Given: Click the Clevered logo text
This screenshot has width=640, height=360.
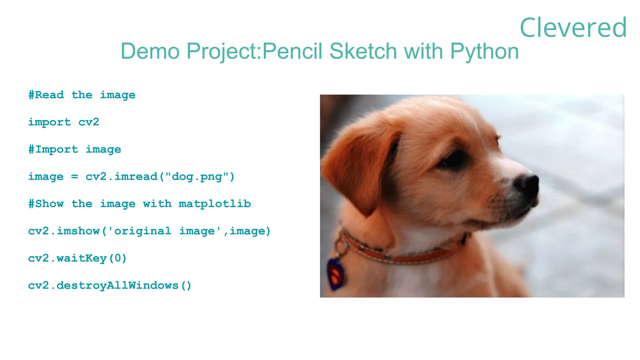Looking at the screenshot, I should pyautogui.click(x=573, y=27).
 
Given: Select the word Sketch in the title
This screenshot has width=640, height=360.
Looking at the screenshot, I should pyautogui.click(x=363, y=51).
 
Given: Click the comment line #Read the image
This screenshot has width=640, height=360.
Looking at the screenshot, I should pyautogui.click(x=82, y=95).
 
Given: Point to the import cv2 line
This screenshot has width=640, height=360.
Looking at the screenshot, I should pyautogui.click(x=64, y=122).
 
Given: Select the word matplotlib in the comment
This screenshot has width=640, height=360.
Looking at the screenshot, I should pyautogui.click(x=215, y=204).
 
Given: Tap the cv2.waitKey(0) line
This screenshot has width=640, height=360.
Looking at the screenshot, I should pyautogui.click(x=77, y=258).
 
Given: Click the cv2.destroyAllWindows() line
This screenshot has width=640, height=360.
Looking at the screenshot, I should pyautogui.click(x=110, y=285).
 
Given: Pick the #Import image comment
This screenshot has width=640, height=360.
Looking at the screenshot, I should pyautogui.click(x=75, y=149).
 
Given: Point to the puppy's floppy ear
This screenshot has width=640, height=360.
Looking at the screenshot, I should pyautogui.click(x=359, y=166).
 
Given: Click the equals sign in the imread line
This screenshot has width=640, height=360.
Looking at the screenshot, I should pyautogui.click(x=74, y=177).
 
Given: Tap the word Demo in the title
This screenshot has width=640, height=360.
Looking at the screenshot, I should pyautogui.click(x=150, y=51).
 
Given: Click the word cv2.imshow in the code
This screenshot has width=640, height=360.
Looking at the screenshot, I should pyautogui.click(x=64, y=231).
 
